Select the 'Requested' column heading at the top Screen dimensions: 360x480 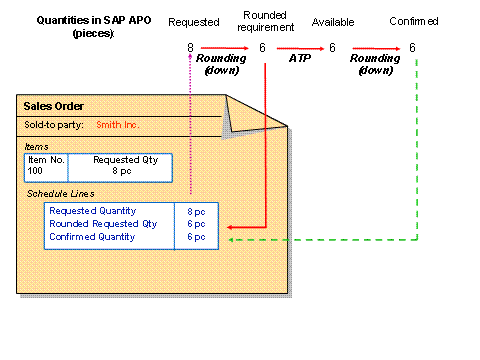click(193, 22)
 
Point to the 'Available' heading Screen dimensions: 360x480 click(332, 22)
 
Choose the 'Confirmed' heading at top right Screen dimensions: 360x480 click(414, 22)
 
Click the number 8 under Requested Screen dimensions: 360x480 click(190, 48)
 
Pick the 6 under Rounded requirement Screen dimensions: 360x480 click(262, 48)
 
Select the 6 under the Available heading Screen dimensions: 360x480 click(332, 48)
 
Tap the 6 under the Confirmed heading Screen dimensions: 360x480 click(413, 48)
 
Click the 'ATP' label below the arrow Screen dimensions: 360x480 click(297, 60)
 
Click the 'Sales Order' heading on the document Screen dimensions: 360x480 click(53, 106)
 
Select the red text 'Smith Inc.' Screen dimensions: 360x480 click(117, 125)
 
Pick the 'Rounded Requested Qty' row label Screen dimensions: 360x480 click(103, 224)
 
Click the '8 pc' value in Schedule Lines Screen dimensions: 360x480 click(196, 211)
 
